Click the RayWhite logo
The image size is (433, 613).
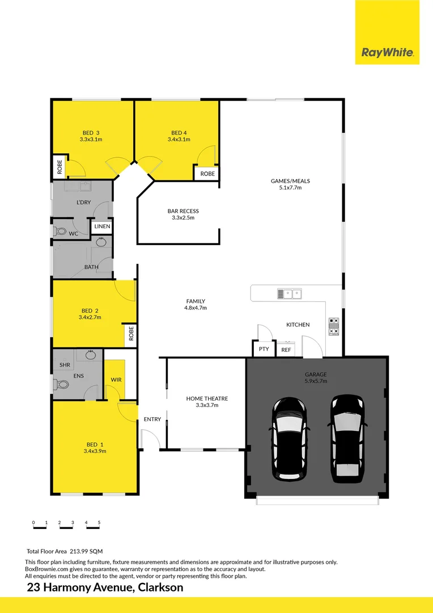click(x=388, y=53)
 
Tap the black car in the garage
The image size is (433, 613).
click(x=290, y=438)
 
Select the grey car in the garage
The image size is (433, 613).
click(x=347, y=438)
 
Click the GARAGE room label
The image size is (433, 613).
click(x=315, y=374)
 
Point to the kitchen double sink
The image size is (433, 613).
click(x=289, y=293)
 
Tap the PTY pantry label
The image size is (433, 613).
click(x=264, y=349)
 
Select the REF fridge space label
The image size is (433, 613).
click(x=286, y=350)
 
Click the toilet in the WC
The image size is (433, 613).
click(x=60, y=232)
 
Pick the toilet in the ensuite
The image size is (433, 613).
click(x=61, y=384)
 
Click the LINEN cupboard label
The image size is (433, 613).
click(x=103, y=226)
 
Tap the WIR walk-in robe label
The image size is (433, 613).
click(x=116, y=379)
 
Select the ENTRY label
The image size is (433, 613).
click(x=152, y=419)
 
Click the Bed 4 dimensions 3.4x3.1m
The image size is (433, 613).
click(x=179, y=139)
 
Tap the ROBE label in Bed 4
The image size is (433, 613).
click(x=207, y=174)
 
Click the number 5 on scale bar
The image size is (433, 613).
click(x=99, y=522)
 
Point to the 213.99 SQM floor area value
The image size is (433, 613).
click(x=86, y=551)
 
